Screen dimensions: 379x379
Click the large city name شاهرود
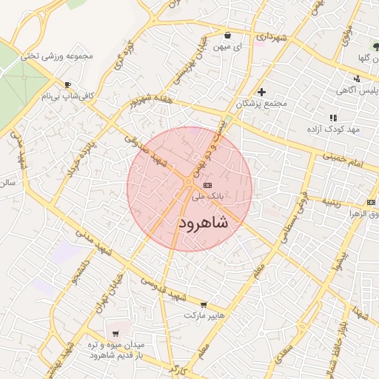point(203,221)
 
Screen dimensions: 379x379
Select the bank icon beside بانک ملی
point(207,184)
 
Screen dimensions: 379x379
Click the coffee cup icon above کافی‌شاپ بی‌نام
point(68,85)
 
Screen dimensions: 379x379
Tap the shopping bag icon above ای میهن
point(226,35)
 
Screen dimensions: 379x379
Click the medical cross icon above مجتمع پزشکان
point(261,92)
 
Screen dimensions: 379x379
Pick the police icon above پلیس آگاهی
point(357,78)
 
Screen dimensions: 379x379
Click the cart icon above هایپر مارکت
point(204,304)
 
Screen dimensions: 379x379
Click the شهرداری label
point(269,36)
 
